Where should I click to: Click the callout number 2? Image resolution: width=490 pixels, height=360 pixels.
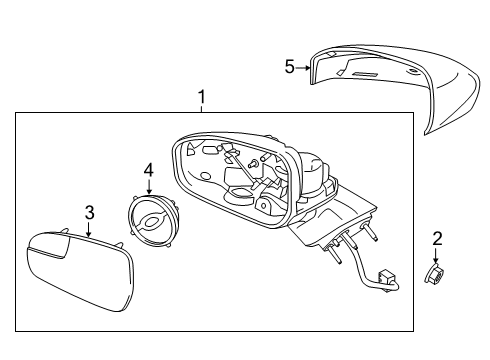coord(436,238)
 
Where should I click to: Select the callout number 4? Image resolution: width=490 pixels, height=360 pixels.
coord(149,169)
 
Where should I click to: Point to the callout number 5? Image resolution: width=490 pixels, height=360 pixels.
coord(289,67)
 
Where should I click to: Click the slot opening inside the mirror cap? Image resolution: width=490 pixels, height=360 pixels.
coord(365,75)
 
